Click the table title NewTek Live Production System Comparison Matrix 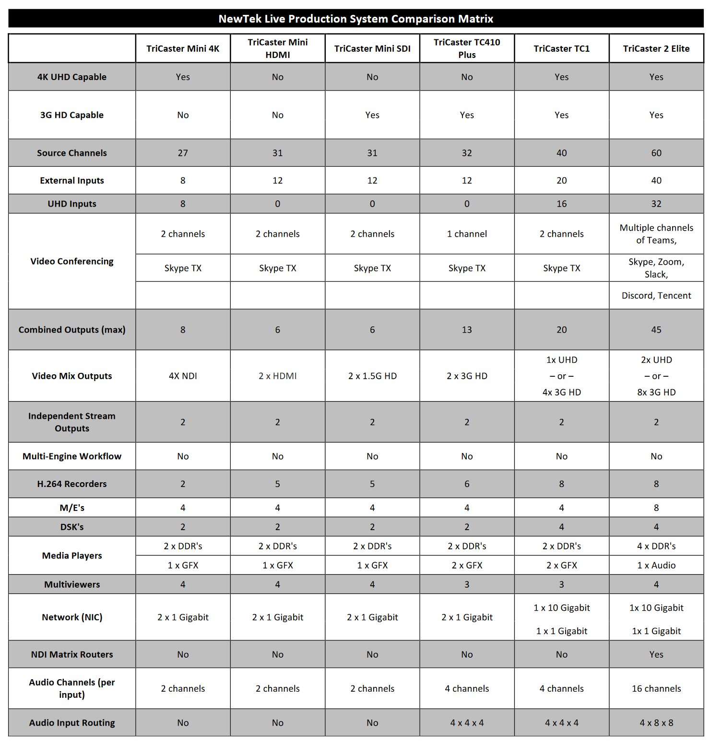click(355, 19)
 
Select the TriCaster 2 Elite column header click(656, 48)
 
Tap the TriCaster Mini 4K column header click(183, 48)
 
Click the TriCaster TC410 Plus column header click(467, 48)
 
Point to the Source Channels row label click(72, 153)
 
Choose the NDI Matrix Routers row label click(72, 654)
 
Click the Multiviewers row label click(72, 584)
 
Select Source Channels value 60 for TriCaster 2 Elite click(656, 153)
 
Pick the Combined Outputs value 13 click(467, 330)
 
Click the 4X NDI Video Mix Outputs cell click(183, 376)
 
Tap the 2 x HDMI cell click(277, 376)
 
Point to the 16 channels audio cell click(656, 688)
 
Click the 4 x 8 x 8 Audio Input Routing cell click(656, 723)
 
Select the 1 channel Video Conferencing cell click(467, 234)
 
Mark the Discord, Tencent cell click(656, 295)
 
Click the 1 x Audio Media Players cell click(656, 565)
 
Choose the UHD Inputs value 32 click(656, 204)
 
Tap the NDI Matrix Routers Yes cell click(656, 654)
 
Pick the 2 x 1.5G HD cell click(372, 376)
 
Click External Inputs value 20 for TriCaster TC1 click(561, 180)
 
